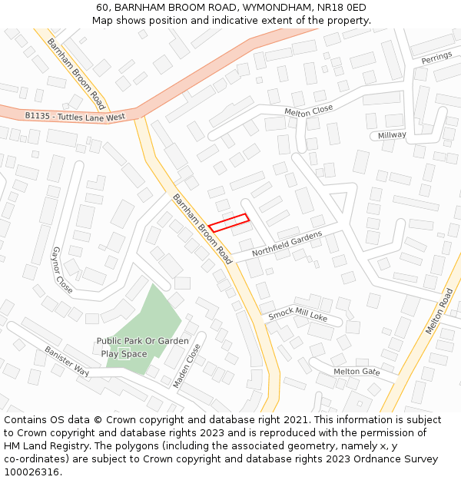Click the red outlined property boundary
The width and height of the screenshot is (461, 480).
point(229,222)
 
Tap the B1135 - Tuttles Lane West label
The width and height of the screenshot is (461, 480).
point(75,117)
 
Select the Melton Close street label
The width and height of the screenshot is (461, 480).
point(309,111)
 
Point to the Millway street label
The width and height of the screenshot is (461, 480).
point(392,135)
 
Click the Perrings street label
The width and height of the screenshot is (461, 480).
point(436,58)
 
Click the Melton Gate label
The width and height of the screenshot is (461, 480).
point(357,372)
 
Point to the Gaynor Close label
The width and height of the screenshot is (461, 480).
point(62,270)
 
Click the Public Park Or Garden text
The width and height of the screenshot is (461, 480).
point(142,341)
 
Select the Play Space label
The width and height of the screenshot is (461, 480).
point(124,354)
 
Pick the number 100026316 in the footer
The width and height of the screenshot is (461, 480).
point(32,472)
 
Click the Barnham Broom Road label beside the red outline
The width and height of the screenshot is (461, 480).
point(201,229)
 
